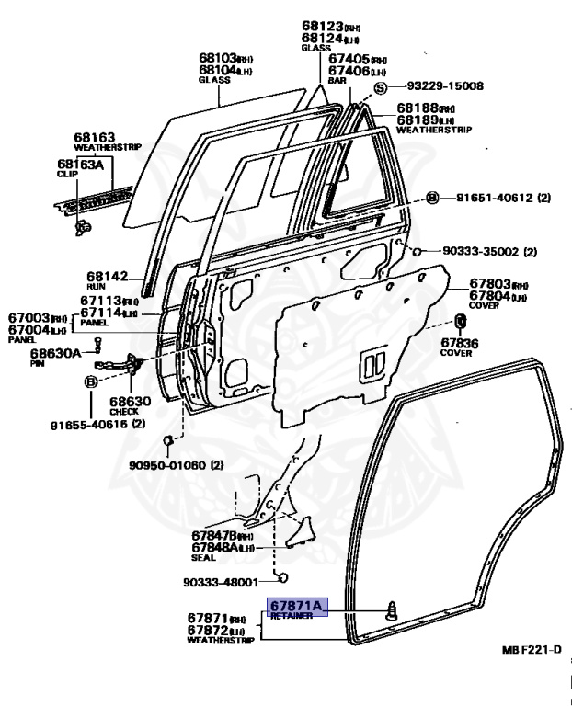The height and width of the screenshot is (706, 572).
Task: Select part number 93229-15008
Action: (444, 86)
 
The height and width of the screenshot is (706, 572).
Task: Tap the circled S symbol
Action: (381, 87)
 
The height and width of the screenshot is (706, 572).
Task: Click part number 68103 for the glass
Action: (218, 56)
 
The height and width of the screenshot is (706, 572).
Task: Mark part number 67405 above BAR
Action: (349, 58)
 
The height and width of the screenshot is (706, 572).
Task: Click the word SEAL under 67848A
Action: (204, 557)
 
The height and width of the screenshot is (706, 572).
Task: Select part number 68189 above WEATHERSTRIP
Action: (418, 120)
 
